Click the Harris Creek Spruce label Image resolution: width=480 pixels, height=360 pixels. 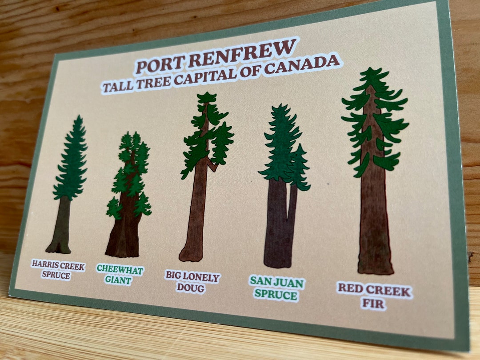coord(57,269)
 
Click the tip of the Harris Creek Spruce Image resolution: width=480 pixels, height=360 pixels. coord(79,119)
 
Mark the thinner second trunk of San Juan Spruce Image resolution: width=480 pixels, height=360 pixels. coord(292,209)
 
